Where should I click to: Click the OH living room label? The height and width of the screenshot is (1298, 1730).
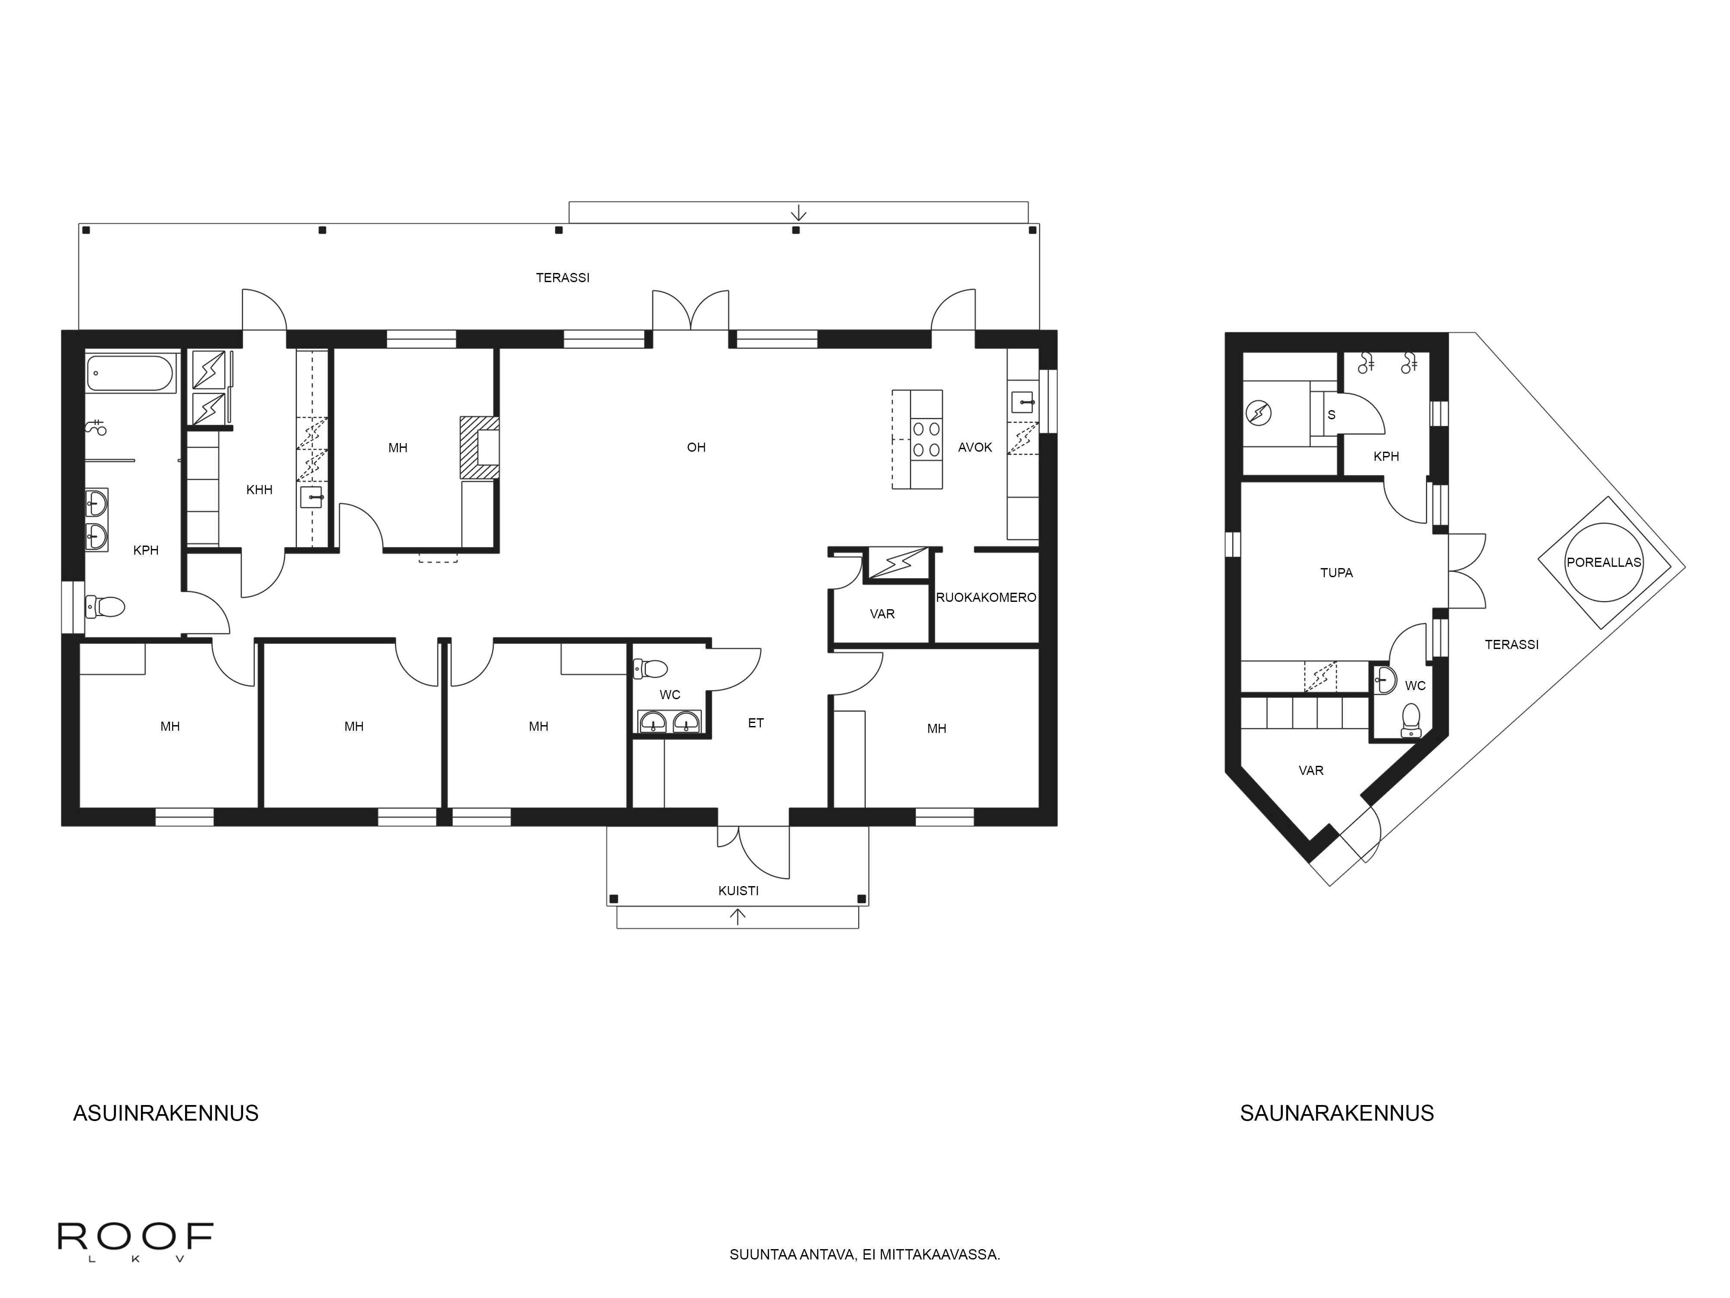(696, 447)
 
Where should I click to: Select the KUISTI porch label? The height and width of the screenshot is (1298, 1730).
(738, 890)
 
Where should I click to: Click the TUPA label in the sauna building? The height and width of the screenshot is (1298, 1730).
(1336, 573)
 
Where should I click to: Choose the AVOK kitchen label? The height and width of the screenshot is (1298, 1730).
(974, 447)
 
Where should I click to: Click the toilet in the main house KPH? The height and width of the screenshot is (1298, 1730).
(106, 606)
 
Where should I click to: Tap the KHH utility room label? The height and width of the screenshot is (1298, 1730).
(259, 490)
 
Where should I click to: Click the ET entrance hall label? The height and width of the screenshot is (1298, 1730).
(756, 723)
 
